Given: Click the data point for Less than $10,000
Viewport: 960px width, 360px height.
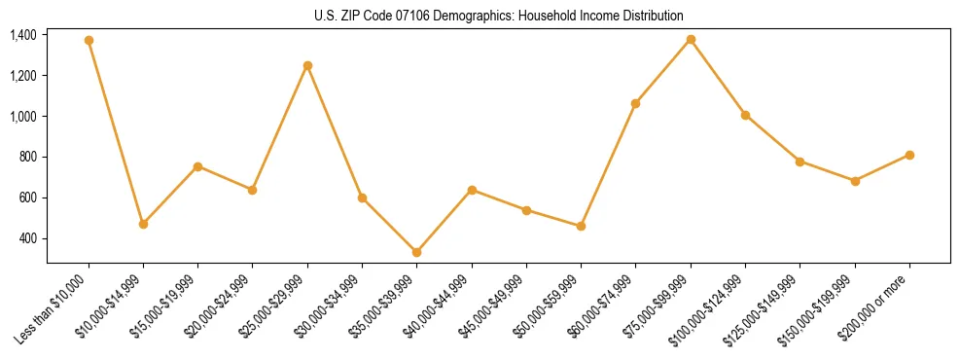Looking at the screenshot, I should point(89,41).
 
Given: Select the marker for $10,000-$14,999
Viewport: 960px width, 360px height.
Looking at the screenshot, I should point(143,224).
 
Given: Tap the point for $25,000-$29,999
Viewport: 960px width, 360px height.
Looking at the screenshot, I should point(307,65).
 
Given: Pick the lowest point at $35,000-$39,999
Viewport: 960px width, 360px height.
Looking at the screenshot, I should point(416,252).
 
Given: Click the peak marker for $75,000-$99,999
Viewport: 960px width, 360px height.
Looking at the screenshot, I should point(691,39).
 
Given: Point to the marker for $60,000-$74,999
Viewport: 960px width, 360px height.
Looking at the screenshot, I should point(635,103).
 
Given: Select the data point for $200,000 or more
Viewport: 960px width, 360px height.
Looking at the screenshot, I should point(909,155).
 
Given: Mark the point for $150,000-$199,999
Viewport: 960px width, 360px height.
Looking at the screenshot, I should point(855,181).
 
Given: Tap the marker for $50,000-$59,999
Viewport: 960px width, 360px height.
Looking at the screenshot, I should point(581,226).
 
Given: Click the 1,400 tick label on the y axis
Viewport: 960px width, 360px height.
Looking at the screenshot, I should point(23,35).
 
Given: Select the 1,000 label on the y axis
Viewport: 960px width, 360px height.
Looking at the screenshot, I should point(23,117).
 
